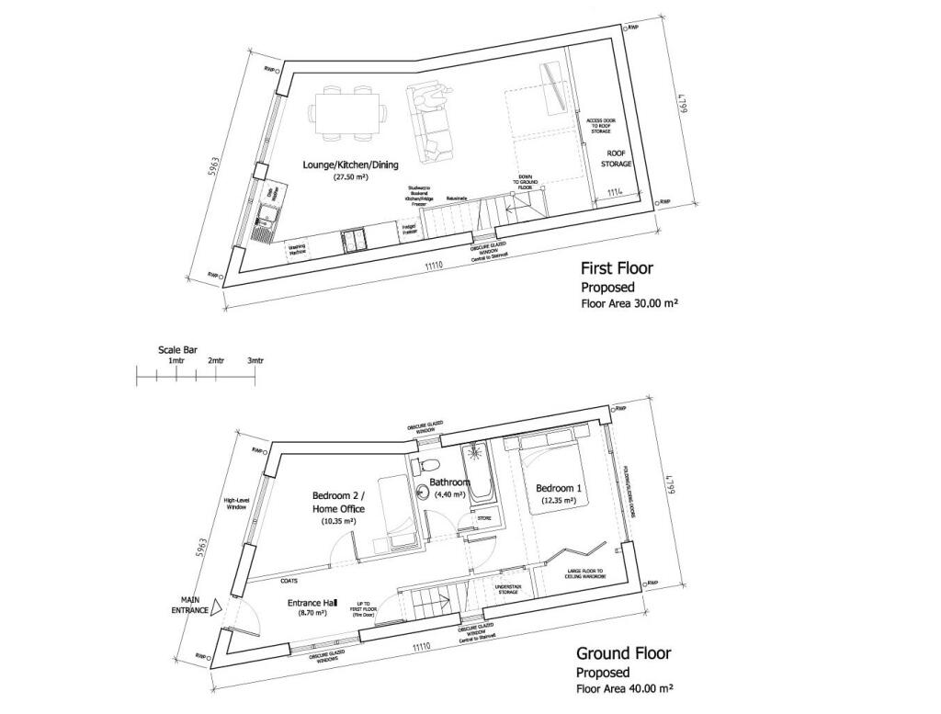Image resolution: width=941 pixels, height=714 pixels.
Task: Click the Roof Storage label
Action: (618, 158)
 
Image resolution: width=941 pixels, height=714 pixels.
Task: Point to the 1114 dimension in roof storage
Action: (615, 192)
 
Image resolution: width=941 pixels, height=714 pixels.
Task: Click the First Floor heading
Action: (617, 269)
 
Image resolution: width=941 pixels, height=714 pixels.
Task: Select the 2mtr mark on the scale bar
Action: (217, 361)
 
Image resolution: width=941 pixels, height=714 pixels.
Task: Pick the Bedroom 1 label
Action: (556, 487)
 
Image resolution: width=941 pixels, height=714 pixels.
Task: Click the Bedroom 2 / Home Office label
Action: (338, 503)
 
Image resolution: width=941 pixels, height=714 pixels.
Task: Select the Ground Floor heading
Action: (623, 653)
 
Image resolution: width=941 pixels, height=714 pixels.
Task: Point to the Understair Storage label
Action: (507, 588)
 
